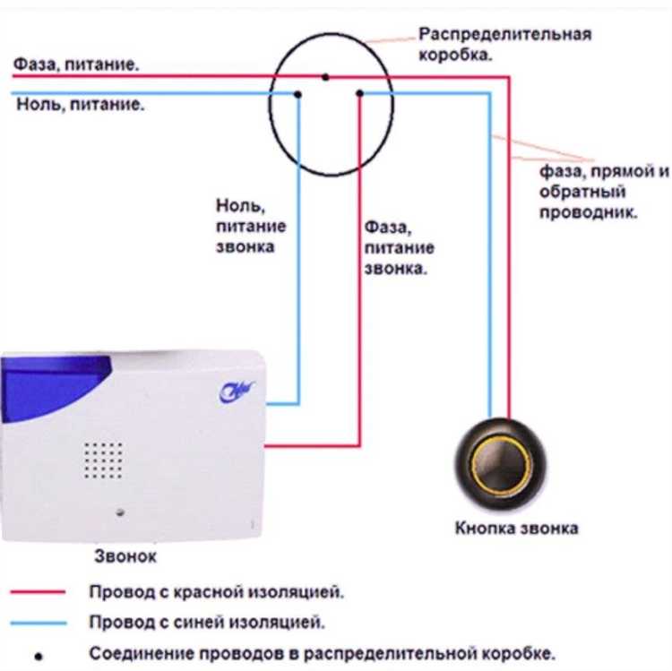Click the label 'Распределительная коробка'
505,44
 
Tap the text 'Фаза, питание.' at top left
75,65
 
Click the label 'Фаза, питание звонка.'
399,246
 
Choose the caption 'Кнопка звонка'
516,528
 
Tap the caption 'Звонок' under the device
125,556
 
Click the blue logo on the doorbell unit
237,390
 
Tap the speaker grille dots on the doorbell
104,460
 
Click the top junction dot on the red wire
326,77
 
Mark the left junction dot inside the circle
298,92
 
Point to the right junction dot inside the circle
359,92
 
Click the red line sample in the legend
39,592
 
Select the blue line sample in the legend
39,622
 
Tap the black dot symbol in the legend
39,654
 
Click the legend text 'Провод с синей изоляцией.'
206,621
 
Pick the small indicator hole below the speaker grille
121,513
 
